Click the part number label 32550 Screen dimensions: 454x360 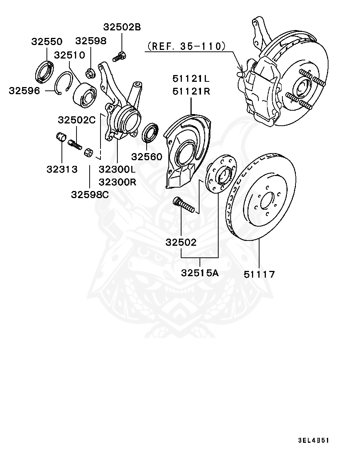pyautogui.click(x=46, y=42)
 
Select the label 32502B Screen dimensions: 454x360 pyautogui.click(x=122, y=27)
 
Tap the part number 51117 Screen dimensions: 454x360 pyautogui.click(x=259, y=274)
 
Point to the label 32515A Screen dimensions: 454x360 pyautogui.click(x=200, y=273)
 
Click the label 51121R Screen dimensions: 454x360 pyautogui.click(x=191, y=91)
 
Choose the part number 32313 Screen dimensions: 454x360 pyautogui.click(x=62, y=169)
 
